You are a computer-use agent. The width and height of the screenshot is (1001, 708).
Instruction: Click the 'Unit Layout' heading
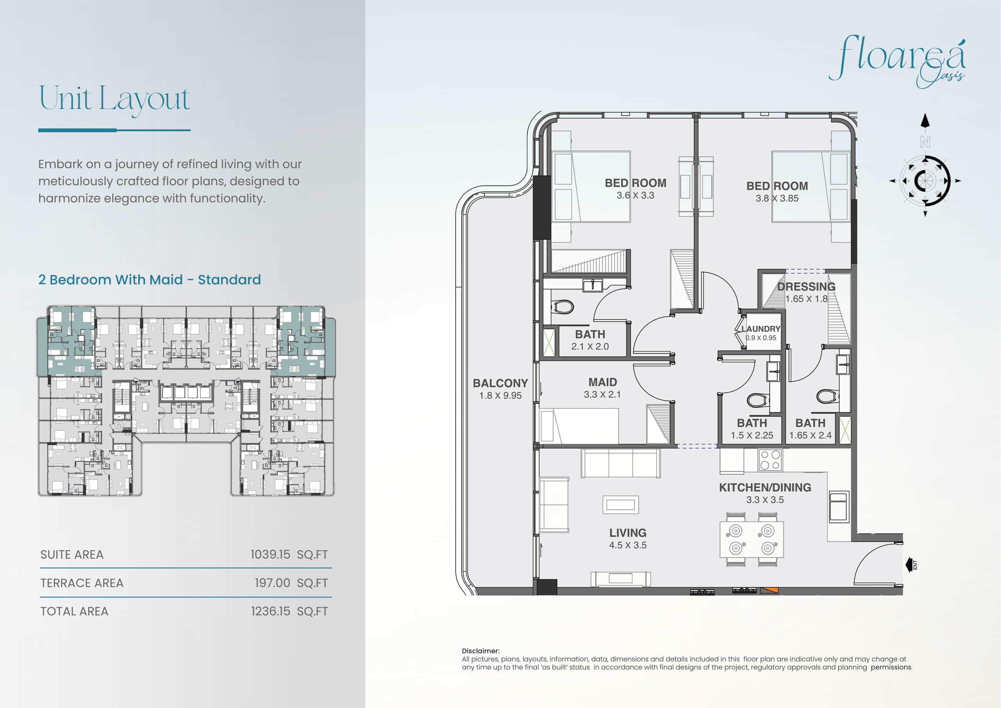click(x=114, y=99)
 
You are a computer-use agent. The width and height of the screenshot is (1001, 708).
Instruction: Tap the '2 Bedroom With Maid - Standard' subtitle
click(x=149, y=280)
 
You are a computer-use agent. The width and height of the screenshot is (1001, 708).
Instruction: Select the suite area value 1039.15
click(x=270, y=555)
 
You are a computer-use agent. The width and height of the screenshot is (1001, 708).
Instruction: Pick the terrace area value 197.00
click(x=272, y=583)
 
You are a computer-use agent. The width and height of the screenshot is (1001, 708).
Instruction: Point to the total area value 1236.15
click(x=270, y=611)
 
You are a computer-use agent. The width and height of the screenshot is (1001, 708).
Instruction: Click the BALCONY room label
click(x=500, y=383)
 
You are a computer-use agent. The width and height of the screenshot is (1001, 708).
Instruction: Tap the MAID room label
click(x=602, y=382)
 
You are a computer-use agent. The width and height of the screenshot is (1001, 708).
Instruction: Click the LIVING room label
click(x=628, y=533)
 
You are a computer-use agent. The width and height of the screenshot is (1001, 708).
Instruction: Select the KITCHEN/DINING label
click(x=765, y=487)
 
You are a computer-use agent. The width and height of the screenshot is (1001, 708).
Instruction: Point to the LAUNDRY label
click(x=761, y=328)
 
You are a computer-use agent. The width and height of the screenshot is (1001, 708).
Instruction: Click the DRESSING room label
click(x=806, y=287)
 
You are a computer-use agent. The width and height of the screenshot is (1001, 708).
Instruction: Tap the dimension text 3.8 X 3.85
click(x=777, y=198)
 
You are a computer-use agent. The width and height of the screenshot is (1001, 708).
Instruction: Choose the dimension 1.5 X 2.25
click(x=752, y=435)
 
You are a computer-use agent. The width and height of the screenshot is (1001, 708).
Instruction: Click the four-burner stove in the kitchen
click(x=770, y=460)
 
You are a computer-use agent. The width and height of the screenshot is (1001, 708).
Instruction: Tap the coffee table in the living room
click(x=620, y=505)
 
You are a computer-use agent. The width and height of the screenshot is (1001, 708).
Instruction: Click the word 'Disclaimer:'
click(x=481, y=651)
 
